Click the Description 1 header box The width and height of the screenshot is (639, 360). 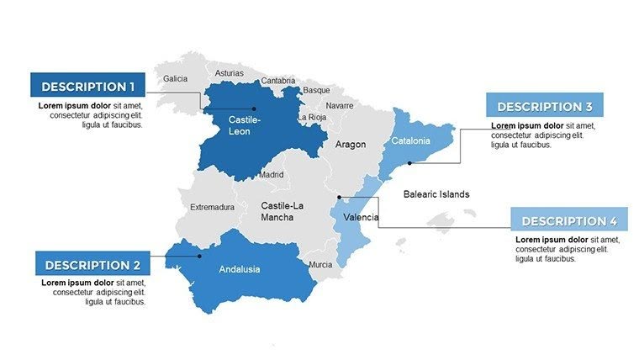pos(87,86)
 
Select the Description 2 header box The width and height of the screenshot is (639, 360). pos(92,264)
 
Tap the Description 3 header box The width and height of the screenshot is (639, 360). pos(544,106)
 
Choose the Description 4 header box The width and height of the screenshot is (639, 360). pos(569,220)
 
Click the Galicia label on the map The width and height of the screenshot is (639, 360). pos(176,78)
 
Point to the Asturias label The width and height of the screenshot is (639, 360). pos(230,73)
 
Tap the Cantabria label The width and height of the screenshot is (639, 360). pos(278,81)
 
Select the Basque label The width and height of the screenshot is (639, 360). pos(317,90)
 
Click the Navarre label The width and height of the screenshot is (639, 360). pos(340,105)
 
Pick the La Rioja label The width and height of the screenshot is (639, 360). pos(312,118)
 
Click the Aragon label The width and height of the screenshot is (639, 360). pos(351,145)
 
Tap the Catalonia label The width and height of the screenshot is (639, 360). pos(411,140)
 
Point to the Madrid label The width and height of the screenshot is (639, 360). pos(272,175)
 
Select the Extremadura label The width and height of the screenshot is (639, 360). pos(212,207)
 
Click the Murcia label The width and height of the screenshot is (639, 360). pos(320,264)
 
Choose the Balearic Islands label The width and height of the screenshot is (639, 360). pos(436,194)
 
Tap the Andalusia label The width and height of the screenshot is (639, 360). pos(240,270)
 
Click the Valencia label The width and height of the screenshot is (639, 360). pos(361,217)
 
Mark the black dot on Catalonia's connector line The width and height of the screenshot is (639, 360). pos(409,163)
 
